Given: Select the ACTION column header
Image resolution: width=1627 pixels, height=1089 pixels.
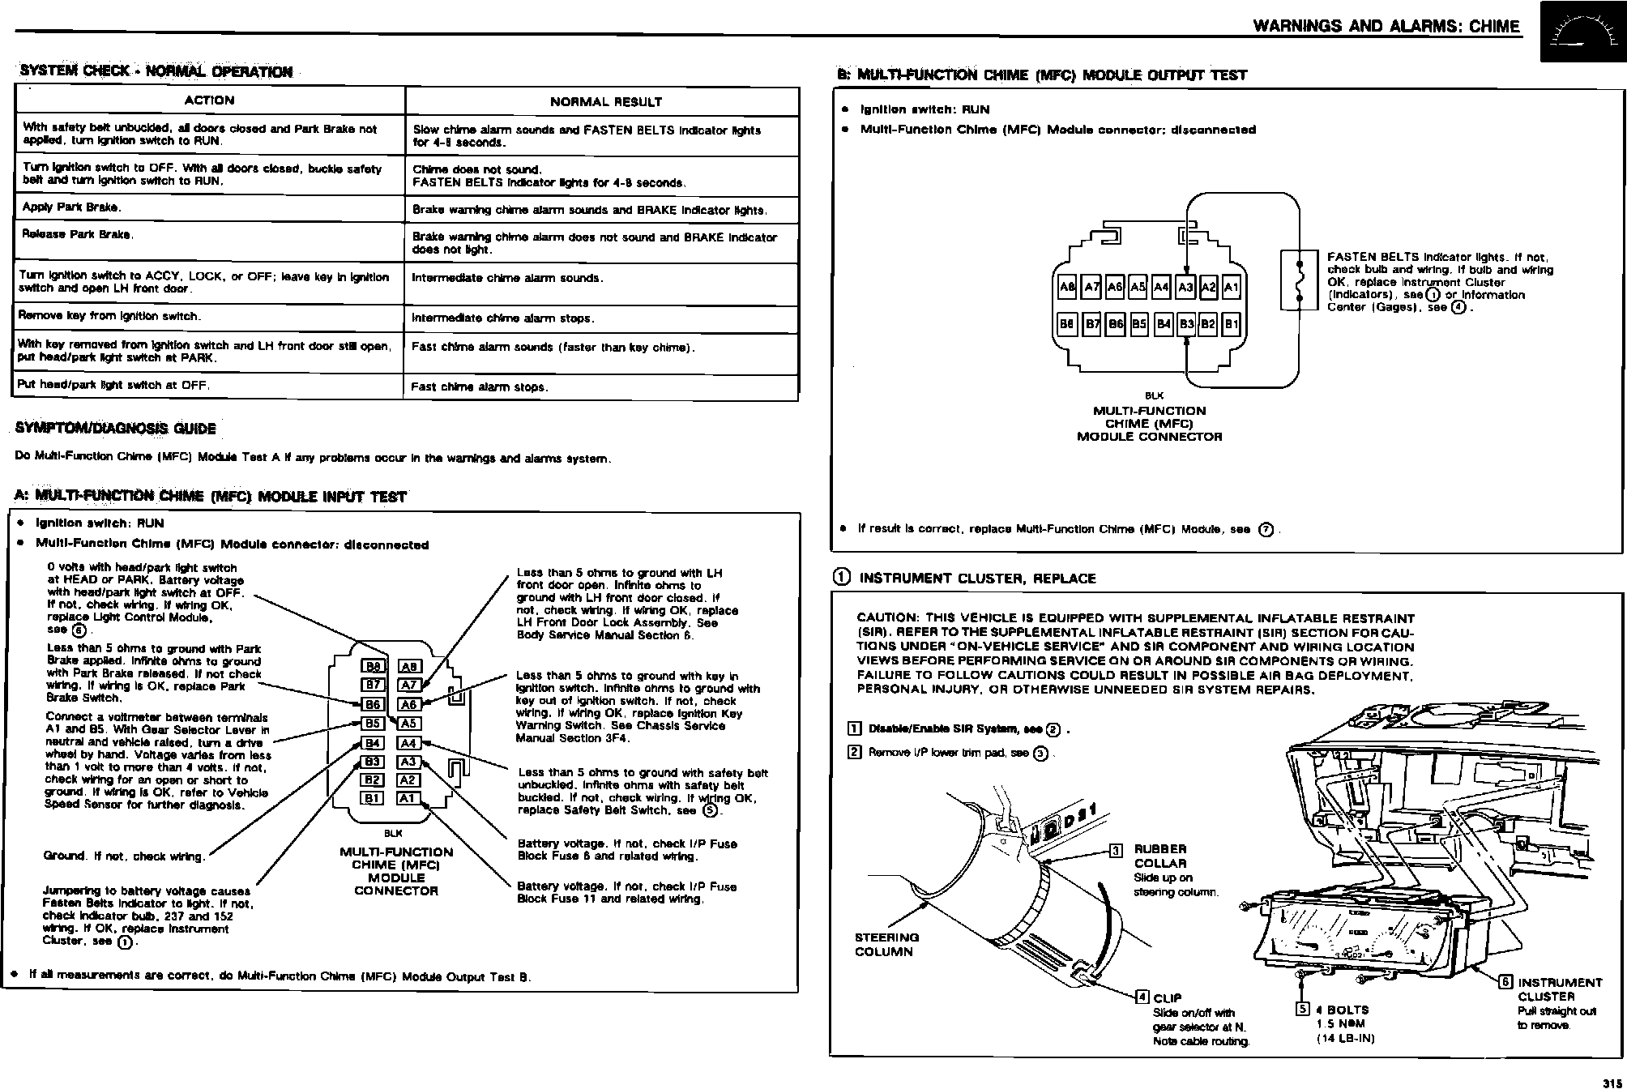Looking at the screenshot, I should [x=209, y=100].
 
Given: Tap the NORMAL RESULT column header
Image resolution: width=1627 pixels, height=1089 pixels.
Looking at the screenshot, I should [x=605, y=102].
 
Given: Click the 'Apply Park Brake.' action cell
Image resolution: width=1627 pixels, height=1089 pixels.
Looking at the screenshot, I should [x=72, y=207].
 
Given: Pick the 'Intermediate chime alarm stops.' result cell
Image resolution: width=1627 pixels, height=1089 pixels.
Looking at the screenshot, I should [x=503, y=318].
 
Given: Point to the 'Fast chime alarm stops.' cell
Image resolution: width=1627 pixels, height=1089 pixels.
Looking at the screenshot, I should [x=480, y=386].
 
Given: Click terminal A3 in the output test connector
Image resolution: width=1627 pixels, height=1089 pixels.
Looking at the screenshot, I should [x=1186, y=287].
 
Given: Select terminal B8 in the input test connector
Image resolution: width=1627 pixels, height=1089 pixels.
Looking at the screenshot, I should [x=373, y=666].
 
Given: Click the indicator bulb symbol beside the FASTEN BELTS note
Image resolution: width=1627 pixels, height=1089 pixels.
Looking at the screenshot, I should [x=1299, y=280].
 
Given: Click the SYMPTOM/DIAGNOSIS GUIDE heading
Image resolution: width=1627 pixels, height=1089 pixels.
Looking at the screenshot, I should [x=116, y=429].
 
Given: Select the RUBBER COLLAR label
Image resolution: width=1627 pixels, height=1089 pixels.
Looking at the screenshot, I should [x=1159, y=856].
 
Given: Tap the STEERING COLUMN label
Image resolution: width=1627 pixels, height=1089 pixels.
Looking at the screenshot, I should [x=886, y=945].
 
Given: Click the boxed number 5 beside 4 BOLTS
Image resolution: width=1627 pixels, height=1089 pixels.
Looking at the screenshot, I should [x=1303, y=1010].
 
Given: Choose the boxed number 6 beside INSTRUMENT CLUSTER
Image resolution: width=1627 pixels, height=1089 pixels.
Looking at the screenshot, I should [x=1505, y=982].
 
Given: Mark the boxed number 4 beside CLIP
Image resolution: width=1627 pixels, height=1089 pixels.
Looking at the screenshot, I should [x=1142, y=997].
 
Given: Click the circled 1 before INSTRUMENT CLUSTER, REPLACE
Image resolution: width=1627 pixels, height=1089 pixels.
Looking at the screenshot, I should [x=842, y=578].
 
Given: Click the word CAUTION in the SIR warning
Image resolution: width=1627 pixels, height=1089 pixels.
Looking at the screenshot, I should [x=886, y=618].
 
